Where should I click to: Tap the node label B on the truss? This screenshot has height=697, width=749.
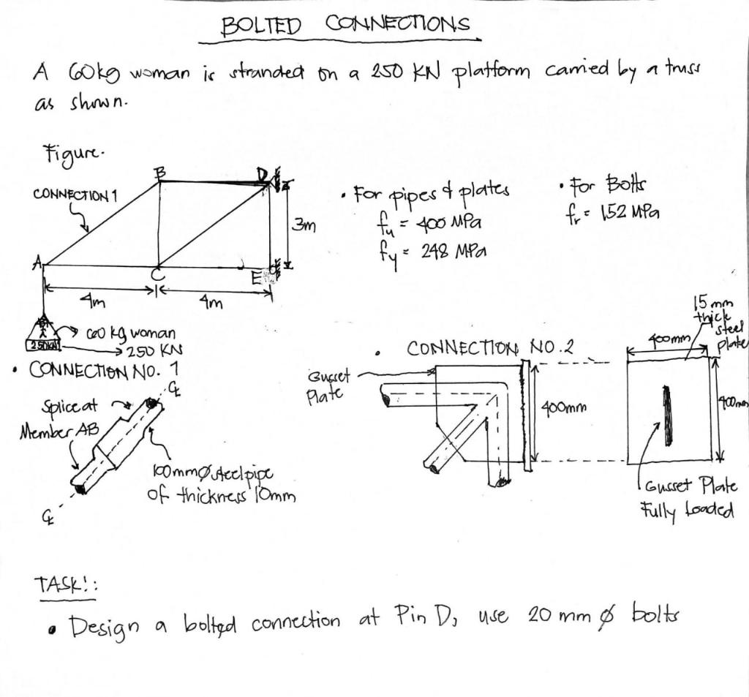159,173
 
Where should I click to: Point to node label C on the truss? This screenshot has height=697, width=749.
157,276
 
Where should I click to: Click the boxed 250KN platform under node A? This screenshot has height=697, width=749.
44,344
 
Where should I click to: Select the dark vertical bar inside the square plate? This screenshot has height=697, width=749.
666,415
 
